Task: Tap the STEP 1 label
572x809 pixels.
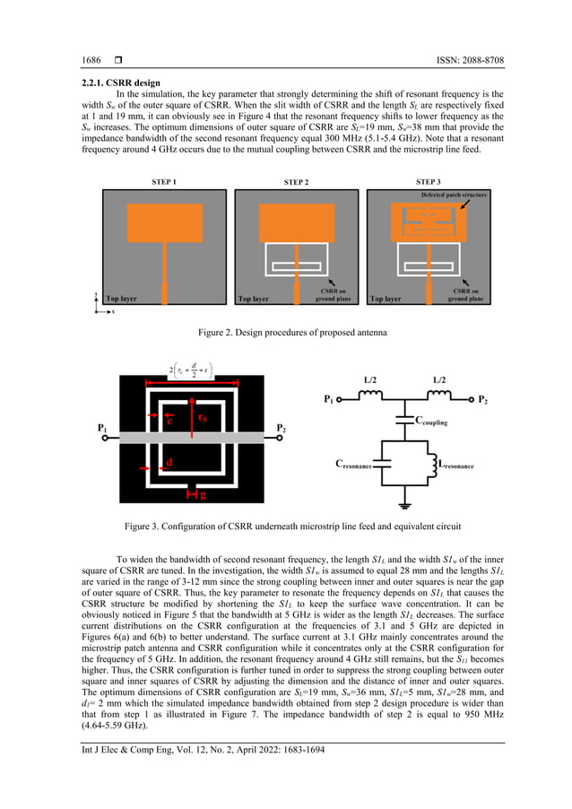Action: tap(163, 182)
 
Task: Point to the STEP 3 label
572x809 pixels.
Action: tap(428, 182)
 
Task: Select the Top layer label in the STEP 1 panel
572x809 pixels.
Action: tap(123, 299)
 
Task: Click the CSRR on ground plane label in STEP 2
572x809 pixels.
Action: tap(333, 296)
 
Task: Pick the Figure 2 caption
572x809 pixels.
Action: tap(285, 333)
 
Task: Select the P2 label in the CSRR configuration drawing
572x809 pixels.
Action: tap(281, 428)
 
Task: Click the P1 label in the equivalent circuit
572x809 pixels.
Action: tap(328, 397)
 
